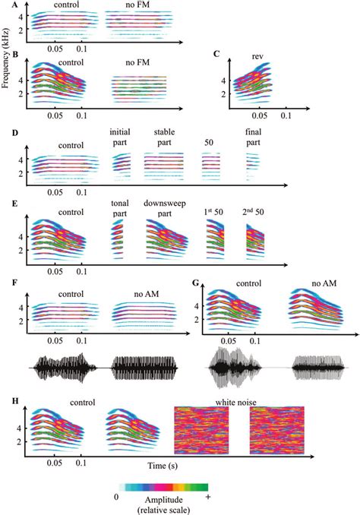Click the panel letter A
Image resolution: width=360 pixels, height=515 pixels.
6,5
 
